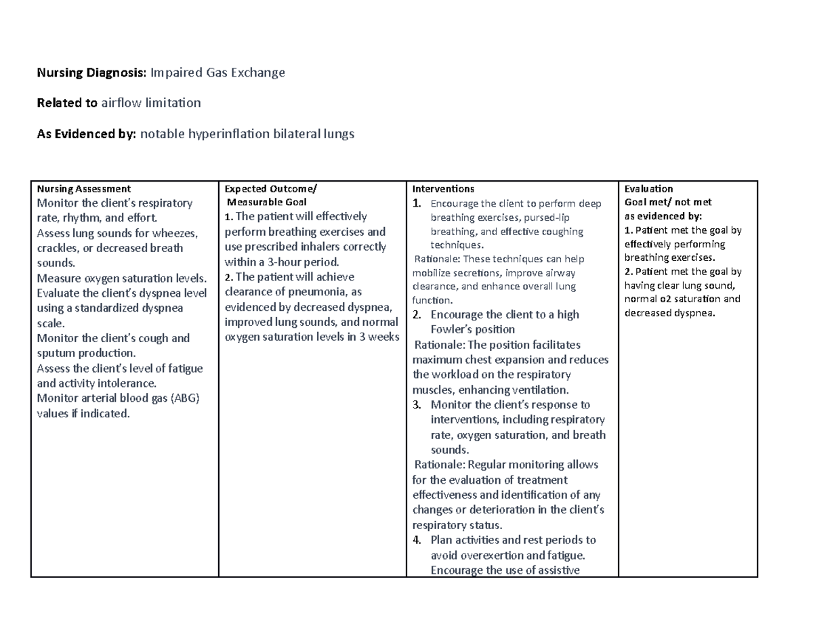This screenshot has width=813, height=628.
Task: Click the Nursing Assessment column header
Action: point(84,189)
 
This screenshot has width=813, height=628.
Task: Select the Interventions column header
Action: point(443,189)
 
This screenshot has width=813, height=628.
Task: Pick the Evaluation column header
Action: point(648,189)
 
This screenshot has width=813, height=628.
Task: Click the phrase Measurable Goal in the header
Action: point(267,202)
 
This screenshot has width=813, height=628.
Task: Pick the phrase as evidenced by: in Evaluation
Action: point(663,216)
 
